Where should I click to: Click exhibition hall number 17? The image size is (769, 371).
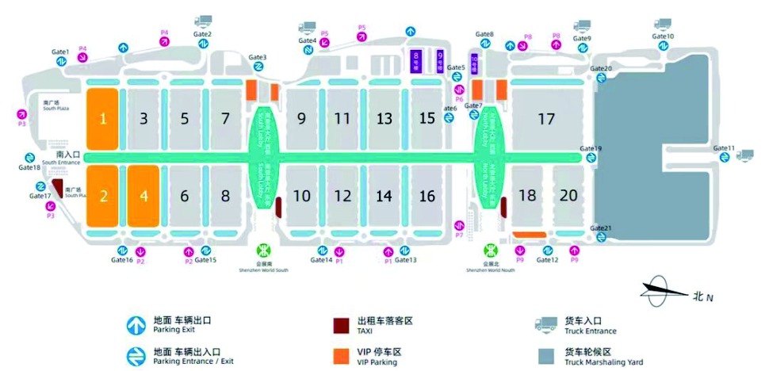(x=545, y=120)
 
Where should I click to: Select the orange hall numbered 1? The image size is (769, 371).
(x=102, y=119)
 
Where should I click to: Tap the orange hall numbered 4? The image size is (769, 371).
(x=143, y=196)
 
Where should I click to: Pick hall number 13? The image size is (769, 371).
(x=384, y=119)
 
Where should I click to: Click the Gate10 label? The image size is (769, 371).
(x=663, y=36)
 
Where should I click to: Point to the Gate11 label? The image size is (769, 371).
(x=724, y=148)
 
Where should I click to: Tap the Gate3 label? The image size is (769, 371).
(x=258, y=57)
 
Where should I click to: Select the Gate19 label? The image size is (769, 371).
(x=591, y=148)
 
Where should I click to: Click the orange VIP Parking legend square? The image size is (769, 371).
(x=341, y=352)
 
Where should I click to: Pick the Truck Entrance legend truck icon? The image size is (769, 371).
(x=545, y=324)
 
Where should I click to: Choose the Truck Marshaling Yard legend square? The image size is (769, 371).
(x=545, y=354)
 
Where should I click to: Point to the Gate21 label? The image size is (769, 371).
(x=602, y=229)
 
